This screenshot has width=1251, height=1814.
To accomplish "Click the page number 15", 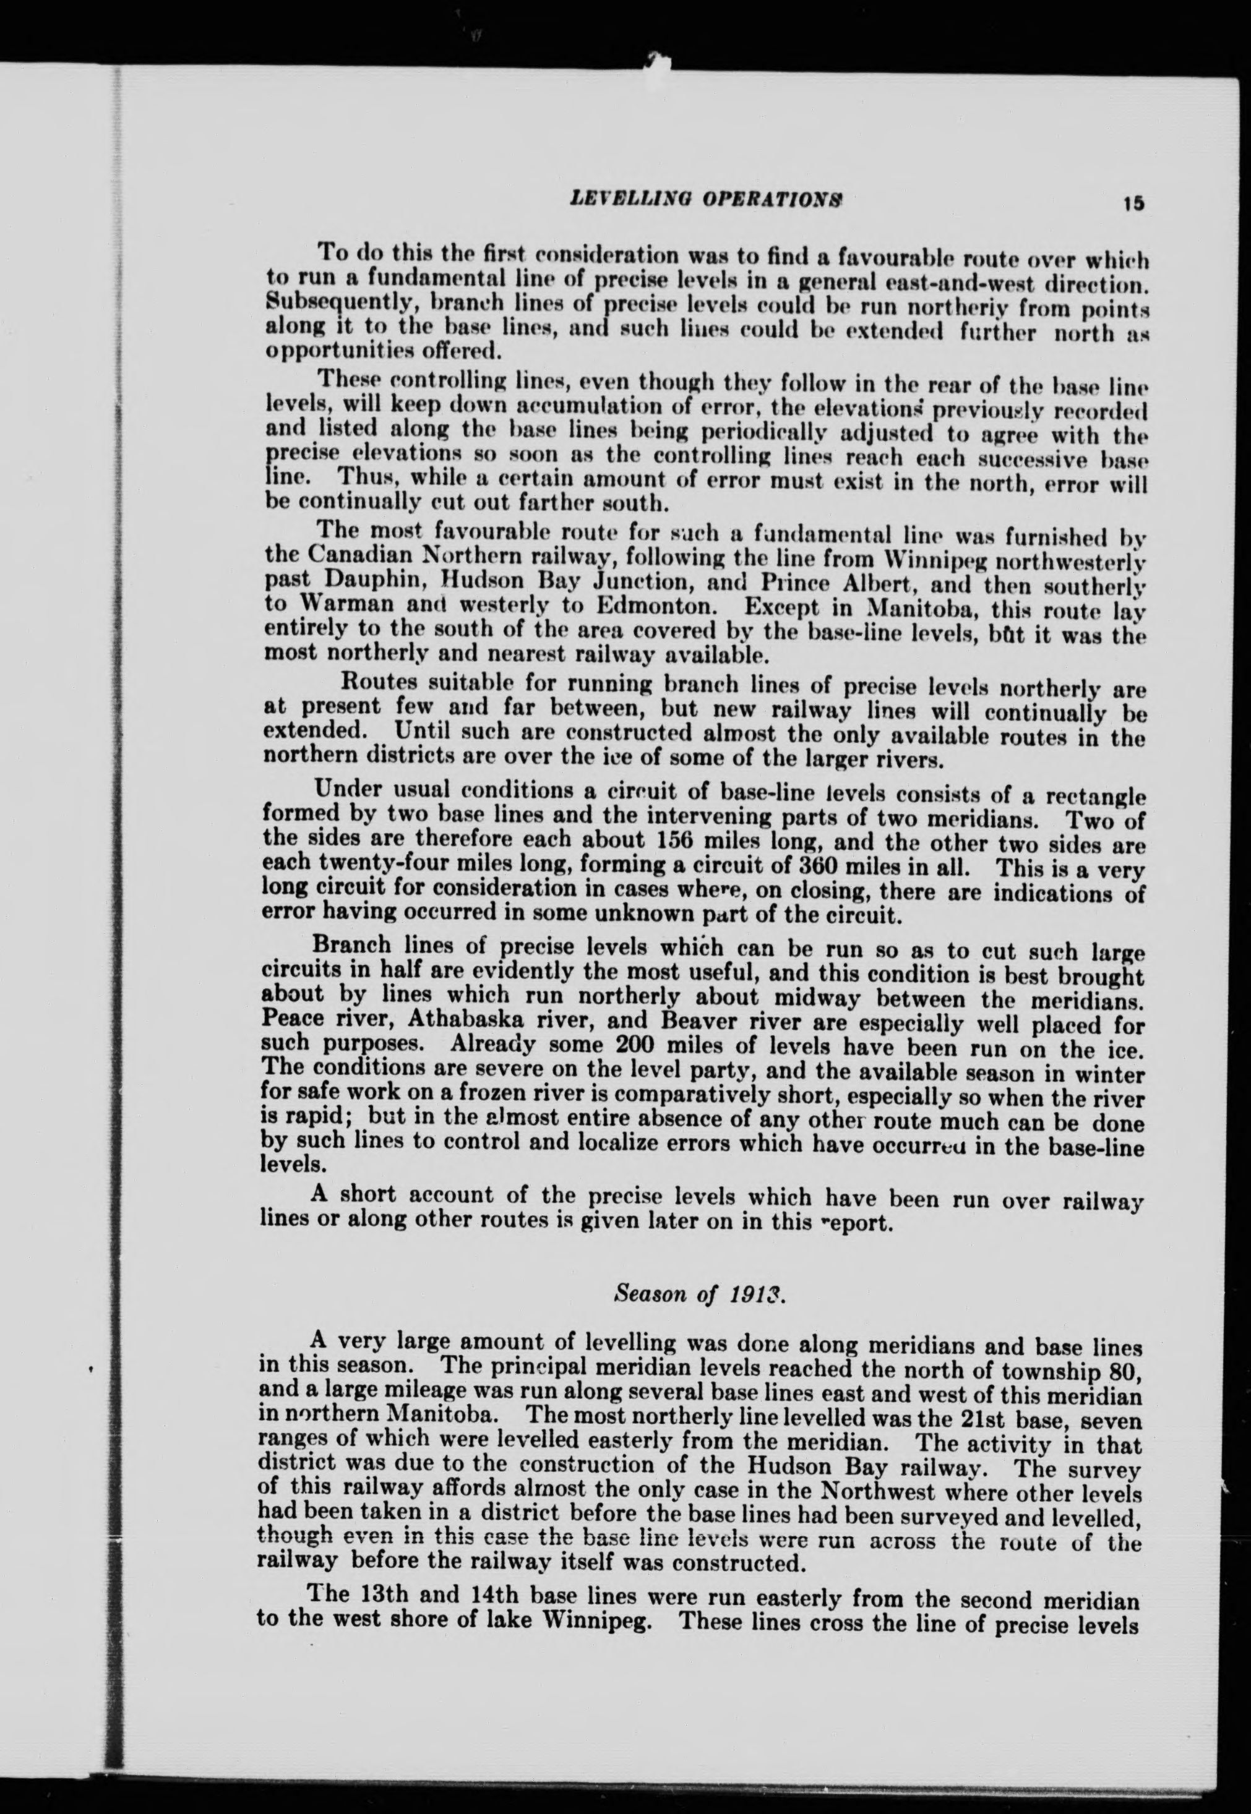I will click(x=1133, y=203).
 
